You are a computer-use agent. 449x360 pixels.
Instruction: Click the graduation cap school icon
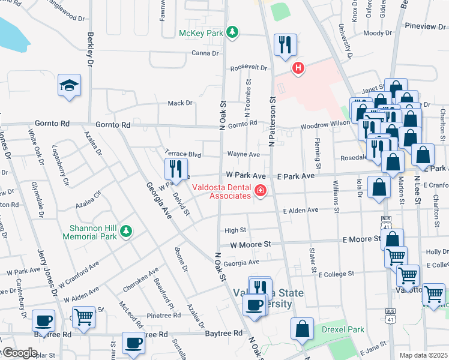70,86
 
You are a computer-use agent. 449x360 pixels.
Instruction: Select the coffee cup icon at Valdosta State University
255,304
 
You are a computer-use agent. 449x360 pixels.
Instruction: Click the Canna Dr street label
205,53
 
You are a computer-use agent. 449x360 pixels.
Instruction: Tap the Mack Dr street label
180,103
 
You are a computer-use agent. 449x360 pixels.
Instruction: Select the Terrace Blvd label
182,154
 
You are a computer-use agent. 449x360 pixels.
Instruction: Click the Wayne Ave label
243,154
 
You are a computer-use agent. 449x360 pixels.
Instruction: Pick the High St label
235,230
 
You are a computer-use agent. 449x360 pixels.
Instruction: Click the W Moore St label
251,245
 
